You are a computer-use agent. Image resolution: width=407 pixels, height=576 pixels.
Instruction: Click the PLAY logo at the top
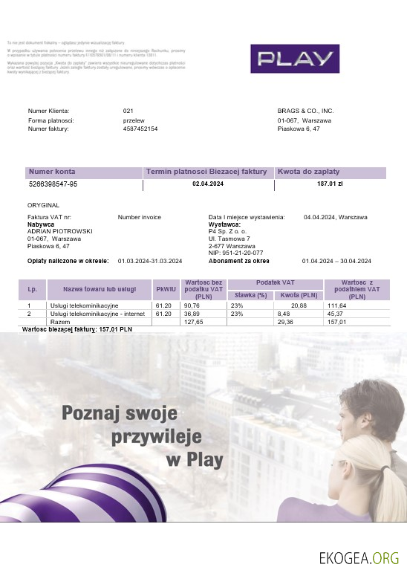(x=295, y=59)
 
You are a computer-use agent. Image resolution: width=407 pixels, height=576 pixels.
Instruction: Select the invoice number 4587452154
(x=140, y=129)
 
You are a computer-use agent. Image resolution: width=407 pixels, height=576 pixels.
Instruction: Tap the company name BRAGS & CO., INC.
(x=305, y=111)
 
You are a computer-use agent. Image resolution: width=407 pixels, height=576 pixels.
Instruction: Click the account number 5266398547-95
(x=53, y=183)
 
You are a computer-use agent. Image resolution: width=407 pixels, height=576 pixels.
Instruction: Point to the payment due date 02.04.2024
(x=208, y=183)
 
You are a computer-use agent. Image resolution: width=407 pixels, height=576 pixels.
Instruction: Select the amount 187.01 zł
(x=330, y=183)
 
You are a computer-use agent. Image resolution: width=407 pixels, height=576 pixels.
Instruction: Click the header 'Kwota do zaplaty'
(x=304, y=172)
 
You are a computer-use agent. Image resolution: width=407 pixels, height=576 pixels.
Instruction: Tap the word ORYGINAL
(x=43, y=204)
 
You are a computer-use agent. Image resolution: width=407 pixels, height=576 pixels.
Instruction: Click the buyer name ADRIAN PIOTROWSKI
(x=60, y=231)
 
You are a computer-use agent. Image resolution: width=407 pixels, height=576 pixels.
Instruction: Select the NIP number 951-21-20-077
(x=237, y=253)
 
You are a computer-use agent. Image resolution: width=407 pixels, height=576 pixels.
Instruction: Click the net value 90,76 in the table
(x=192, y=305)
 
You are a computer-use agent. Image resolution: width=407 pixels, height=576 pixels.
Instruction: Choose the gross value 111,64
(x=337, y=305)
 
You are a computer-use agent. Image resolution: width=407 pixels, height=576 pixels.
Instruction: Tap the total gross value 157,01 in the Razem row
(x=337, y=322)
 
